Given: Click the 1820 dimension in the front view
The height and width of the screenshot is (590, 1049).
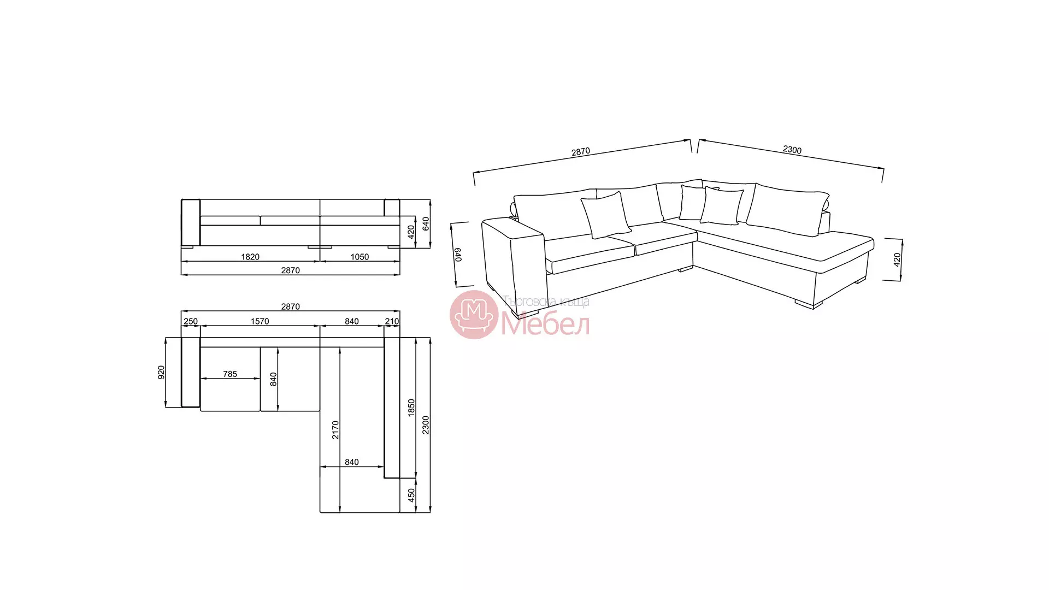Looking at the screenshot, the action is [250, 257].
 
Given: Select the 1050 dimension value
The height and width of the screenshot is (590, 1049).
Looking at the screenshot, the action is [360, 257].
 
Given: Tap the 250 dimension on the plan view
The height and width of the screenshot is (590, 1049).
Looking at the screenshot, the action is [191, 321].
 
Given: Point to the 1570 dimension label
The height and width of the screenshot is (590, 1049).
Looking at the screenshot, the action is [260, 321].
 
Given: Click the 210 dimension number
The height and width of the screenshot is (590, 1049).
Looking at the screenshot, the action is [392, 321].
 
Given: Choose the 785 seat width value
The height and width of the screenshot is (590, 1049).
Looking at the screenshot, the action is [230, 374].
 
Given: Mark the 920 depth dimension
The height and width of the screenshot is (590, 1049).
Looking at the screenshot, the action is [161, 373].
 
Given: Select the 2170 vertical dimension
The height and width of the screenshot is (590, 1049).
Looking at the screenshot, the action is [335, 430].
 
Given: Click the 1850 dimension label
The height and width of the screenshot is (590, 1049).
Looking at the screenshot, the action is [411, 408].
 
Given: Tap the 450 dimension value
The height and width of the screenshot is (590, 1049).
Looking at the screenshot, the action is [411, 495].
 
